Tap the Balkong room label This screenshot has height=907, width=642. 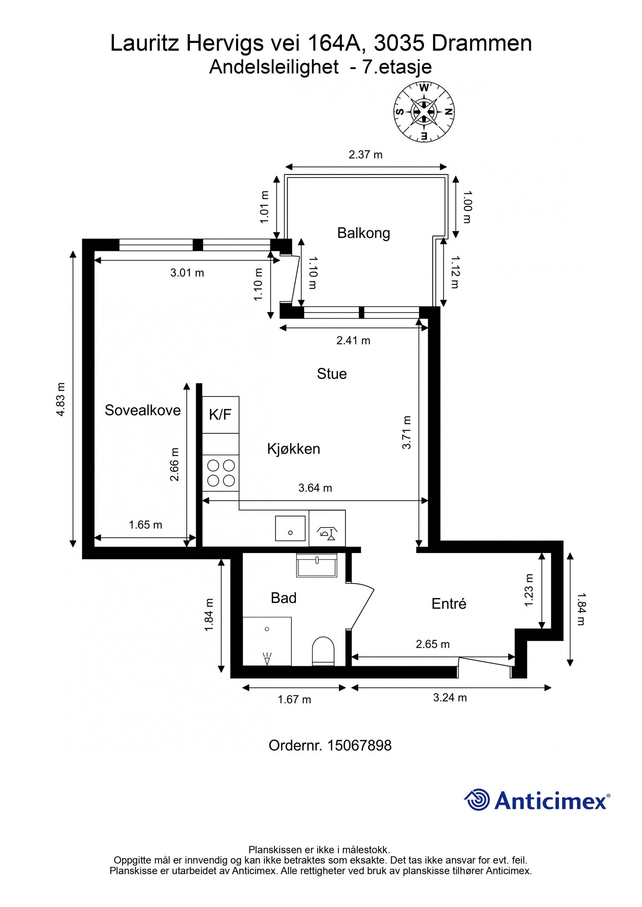pyautogui.click(x=363, y=233)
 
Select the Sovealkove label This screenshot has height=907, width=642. pyautogui.click(x=142, y=410)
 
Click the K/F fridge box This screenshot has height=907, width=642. pyautogui.click(x=220, y=414)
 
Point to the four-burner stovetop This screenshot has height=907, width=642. pyautogui.click(x=220, y=473)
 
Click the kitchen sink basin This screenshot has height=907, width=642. pyautogui.click(x=290, y=528)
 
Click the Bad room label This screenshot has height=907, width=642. pyautogui.click(x=283, y=598)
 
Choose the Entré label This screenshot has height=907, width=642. pyautogui.click(x=449, y=604)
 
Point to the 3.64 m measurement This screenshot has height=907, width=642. pyautogui.click(x=315, y=488)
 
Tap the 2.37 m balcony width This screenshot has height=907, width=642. pyautogui.click(x=365, y=155)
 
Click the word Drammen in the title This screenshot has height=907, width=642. pyautogui.click(x=482, y=43)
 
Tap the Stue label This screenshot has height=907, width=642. pyautogui.click(x=331, y=374)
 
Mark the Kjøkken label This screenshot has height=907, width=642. pyautogui.click(x=293, y=449)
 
